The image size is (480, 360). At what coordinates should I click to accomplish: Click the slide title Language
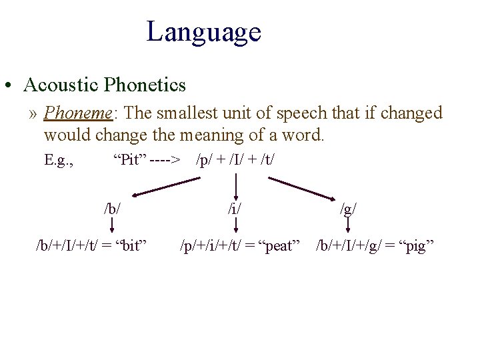(203, 32)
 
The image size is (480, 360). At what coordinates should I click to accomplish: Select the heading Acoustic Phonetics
(105, 85)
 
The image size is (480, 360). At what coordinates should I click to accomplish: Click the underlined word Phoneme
(79, 113)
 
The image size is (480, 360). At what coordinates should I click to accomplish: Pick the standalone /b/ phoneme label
(112, 208)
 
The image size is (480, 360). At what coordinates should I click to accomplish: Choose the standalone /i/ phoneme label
(235, 208)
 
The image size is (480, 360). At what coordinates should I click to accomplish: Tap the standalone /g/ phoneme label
(348, 209)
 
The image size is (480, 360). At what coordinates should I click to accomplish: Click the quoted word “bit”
(132, 246)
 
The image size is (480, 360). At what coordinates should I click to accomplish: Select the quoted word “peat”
(279, 246)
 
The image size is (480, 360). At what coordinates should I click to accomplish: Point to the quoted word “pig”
(415, 246)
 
